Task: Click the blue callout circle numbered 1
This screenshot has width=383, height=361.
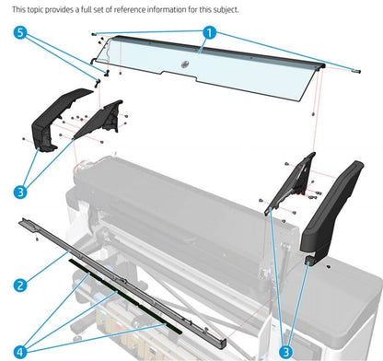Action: coord(209,32)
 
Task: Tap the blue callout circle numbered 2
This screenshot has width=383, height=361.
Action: coord(19,285)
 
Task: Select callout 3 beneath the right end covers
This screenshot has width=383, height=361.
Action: coord(286,350)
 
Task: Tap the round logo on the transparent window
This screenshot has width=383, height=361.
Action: coord(184,64)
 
